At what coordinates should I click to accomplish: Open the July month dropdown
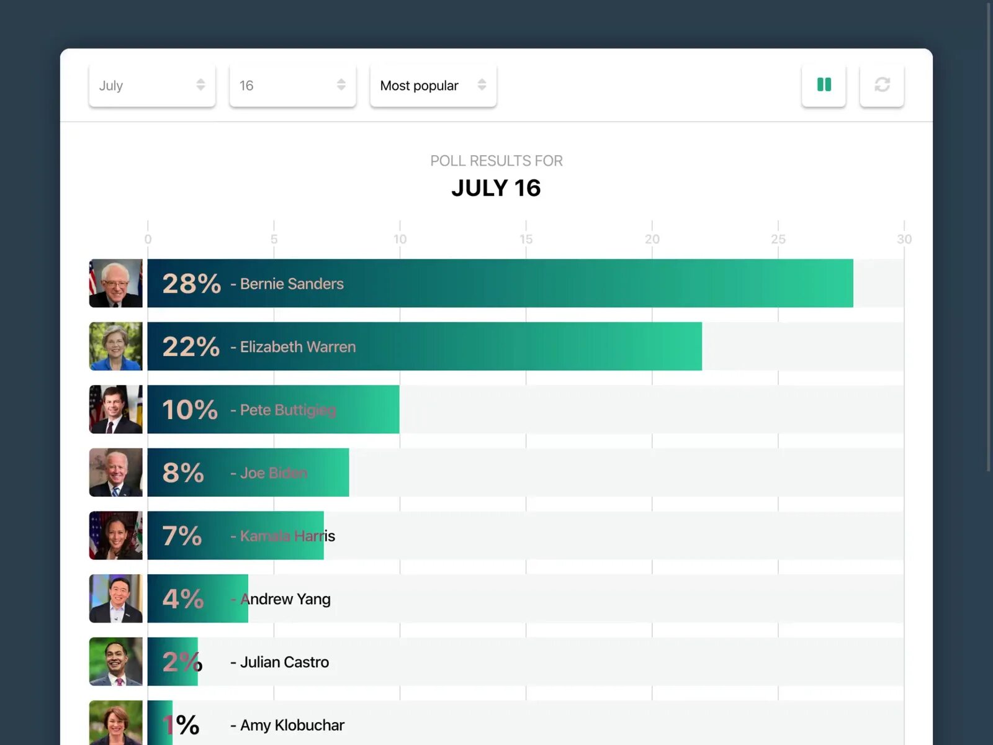pyautogui.click(x=151, y=85)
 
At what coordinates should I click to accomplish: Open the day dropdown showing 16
pyautogui.click(x=292, y=85)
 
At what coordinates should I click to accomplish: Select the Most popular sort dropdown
pyautogui.click(x=433, y=85)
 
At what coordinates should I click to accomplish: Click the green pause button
pyautogui.click(x=824, y=85)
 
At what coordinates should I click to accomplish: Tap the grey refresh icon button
pyautogui.click(x=881, y=85)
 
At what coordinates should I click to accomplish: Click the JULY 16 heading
pyautogui.click(x=496, y=188)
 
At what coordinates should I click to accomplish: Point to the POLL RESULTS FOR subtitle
pyautogui.click(x=496, y=161)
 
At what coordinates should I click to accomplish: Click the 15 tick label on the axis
pyautogui.click(x=526, y=239)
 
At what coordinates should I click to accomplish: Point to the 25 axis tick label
pyautogui.click(x=778, y=239)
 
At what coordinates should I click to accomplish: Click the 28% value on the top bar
pyautogui.click(x=191, y=284)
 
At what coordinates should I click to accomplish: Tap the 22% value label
pyautogui.click(x=191, y=346)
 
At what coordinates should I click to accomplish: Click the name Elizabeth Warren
pyautogui.click(x=297, y=347)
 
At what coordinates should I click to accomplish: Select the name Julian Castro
pyautogui.click(x=284, y=662)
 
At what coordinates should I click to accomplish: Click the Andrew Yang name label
pyautogui.click(x=285, y=599)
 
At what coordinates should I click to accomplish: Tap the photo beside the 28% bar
pyautogui.click(x=115, y=283)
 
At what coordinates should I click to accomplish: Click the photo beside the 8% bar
pyautogui.click(x=115, y=472)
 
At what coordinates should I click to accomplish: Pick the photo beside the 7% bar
pyautogui.click(x=115, y=535)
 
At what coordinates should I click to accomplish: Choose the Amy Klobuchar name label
pyautogui.click(x=292, y=725)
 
